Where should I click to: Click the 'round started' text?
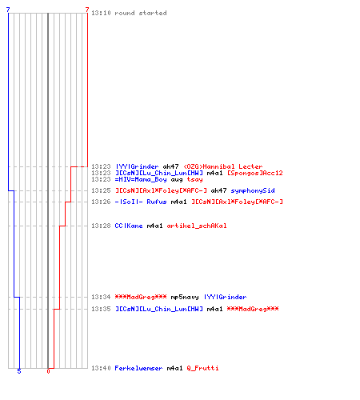(x=141, y=13)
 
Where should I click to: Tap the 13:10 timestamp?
(x=101, y=13)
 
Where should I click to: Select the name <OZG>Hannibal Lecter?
(x=223, y=166)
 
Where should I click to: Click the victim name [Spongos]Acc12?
(x=254, y=173)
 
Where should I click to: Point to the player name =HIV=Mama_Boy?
(x=141, y=179)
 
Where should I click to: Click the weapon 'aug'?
(x=177, y=180)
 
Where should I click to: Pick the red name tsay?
(x=194, y=180)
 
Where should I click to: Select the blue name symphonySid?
(x=253, y=190)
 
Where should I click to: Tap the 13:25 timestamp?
(x=101, y=190)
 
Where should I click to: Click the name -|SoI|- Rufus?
(x=141, y=202)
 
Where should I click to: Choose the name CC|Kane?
(x=129, y=226)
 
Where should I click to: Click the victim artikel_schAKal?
(x=197, y=226)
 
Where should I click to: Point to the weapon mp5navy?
(x=185, y=297)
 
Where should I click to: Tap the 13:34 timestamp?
(x=101, y=297)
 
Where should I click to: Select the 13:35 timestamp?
(x=101, y=309)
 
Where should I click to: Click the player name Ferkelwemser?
(x=138, y=368)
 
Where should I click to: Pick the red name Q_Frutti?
(x=202, y=368)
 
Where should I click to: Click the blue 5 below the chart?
(x=19, y=371)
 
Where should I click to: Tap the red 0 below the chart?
(x=48, y=371)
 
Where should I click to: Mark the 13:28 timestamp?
(x=101, y=226)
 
